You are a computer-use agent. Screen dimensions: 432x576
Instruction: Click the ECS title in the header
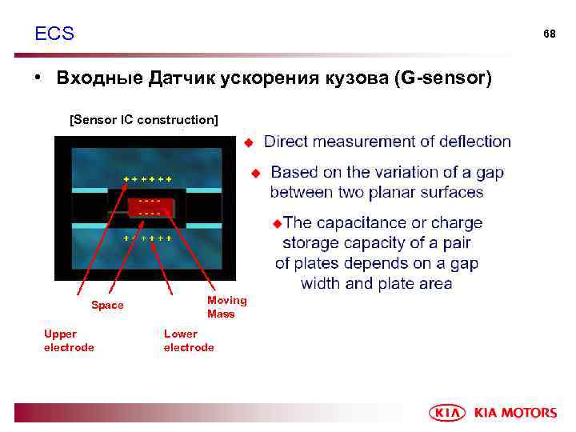(54, 34)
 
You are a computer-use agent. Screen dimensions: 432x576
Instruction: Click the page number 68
(549, 34)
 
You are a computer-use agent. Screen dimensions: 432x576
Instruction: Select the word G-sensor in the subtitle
(449, 78)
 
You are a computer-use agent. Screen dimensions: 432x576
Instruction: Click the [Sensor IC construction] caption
(144, 120)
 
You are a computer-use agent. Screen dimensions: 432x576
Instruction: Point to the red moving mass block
(149, 206)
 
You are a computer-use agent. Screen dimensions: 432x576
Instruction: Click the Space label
(107, 306)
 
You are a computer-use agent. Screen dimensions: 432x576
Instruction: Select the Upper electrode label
(69, 341)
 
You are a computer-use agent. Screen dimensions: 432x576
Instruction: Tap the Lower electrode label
(189, 341)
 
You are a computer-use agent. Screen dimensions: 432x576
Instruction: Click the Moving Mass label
(227, 307)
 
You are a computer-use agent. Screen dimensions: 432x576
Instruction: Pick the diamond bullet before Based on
(256, 173)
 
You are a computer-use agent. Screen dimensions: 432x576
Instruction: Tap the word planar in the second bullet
(385, 192)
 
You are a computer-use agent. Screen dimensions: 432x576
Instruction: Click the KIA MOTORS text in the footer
(515, 413)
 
